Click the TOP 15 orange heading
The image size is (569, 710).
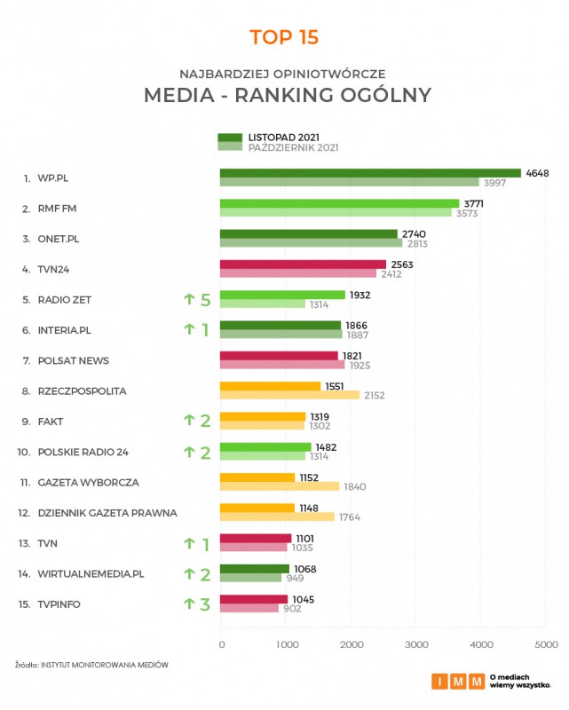284,37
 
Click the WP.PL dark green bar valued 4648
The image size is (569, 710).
370,173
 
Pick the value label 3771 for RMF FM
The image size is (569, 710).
475,203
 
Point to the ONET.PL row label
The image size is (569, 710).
59,239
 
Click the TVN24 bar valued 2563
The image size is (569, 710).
303,264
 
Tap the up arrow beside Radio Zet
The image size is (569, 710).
188,300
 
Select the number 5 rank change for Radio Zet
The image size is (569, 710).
205,300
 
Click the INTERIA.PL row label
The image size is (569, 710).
65,330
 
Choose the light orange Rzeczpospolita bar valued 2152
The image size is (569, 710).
289,395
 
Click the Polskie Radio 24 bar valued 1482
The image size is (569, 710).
265,447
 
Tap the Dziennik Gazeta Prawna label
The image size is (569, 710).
107,513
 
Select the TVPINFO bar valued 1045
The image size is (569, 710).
254,599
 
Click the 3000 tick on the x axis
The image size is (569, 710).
415,644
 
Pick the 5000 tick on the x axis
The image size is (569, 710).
545,644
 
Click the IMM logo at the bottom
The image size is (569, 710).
458,682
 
